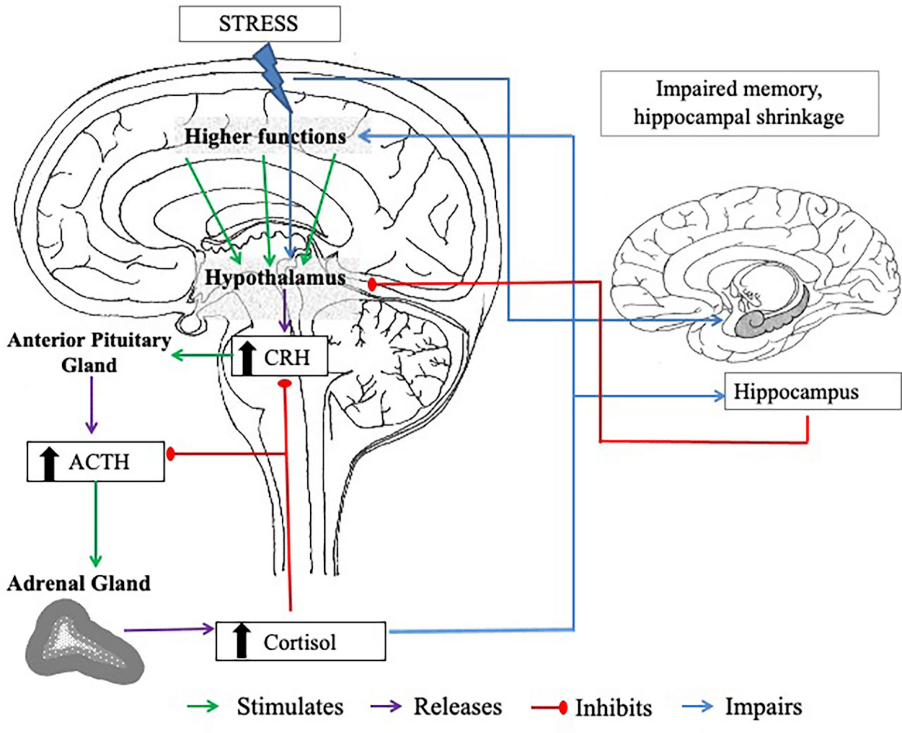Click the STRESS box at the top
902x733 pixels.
[x=259, y=24]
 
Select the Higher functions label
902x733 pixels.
[x=265, y=136]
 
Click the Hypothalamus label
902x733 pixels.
[x=275, y=277]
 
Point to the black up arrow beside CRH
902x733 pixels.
[x=247, y=357]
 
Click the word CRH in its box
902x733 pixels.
[x=287, y=357]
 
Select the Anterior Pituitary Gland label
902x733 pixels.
[x=89, y=352]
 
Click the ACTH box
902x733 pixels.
[x=96, y=462]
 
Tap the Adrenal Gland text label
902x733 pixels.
[x=79, y=583]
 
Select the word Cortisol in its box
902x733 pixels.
[x=299, y=642]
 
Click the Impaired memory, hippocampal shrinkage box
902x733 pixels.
[x=739, y=103]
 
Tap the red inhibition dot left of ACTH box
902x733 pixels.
[x=171, y=453]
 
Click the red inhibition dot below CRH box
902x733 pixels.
[x=285, y=384]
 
